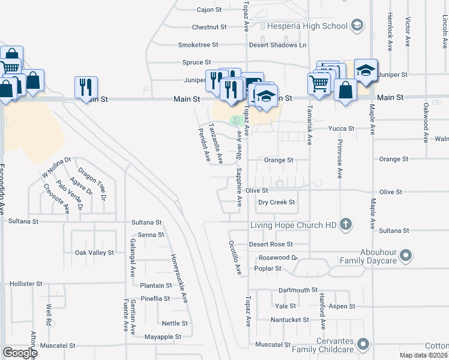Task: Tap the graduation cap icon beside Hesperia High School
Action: [x=357, y=25]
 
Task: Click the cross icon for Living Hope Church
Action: [x=345, y=225]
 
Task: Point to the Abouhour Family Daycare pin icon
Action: [x=406, y=257]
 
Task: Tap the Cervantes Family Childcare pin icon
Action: [x=363, y=344]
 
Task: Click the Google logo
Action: [x=20, y=353]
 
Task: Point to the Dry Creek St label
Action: [x=277, y=202]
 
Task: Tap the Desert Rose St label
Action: [x=271, y=244]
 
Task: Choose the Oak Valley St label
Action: [x=94, y=253]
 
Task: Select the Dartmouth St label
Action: [x=298, y=290]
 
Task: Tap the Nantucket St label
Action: [x=289, y=320]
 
